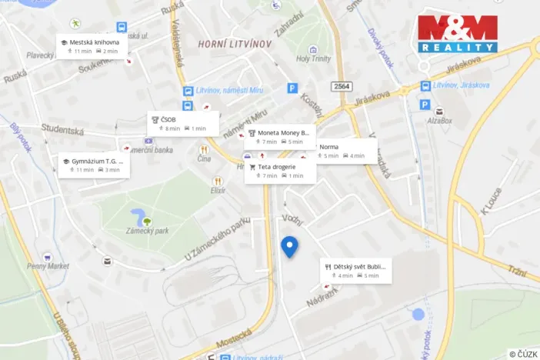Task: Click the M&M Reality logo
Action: coord(457,33)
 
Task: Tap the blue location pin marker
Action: coord(289,247)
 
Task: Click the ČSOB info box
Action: coord(183,124)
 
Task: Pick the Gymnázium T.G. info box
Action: coord(94,165)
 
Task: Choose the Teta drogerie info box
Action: coord(280,171)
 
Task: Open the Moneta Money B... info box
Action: coord(280,136)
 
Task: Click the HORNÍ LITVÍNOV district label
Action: coord(235,44)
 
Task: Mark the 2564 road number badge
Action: coord(343,87)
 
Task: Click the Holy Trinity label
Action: coord(314,58)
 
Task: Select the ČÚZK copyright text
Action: coord(522,354)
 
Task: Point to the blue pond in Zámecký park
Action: coord(139,215)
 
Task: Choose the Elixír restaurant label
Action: coord(219,190)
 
